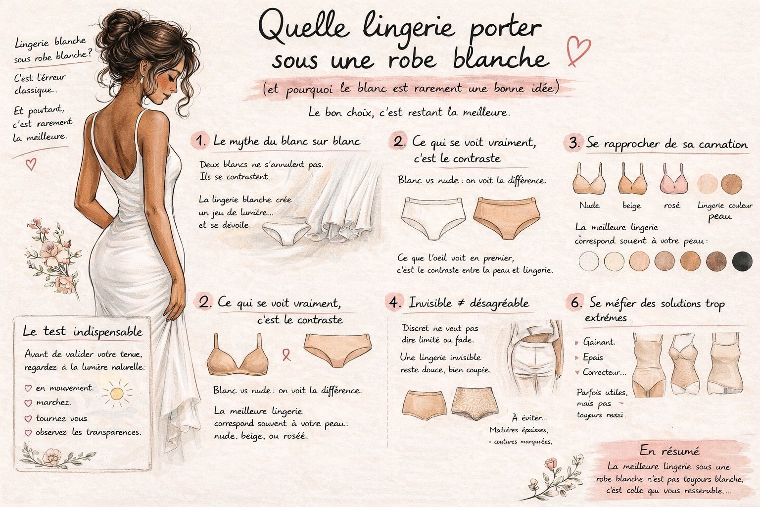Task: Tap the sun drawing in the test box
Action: (x=117, y=393)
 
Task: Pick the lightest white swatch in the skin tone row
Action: (x=588, y=261)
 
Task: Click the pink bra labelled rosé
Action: (x=672, y=180)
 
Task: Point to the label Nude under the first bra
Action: (x=589, y=205)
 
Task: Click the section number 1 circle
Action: (x=200, y=141)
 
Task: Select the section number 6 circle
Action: (x=575, y=303)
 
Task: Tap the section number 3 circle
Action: (x=574, y=144)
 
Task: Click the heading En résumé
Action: (x=669, y=451)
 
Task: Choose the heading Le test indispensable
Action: (x=83, y=332)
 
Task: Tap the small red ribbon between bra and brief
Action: (x=285, y=354)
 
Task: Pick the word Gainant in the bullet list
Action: (x=599, y=342)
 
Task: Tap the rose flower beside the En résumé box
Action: (x=551, y=465)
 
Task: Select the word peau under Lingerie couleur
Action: (x=719, y=217)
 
